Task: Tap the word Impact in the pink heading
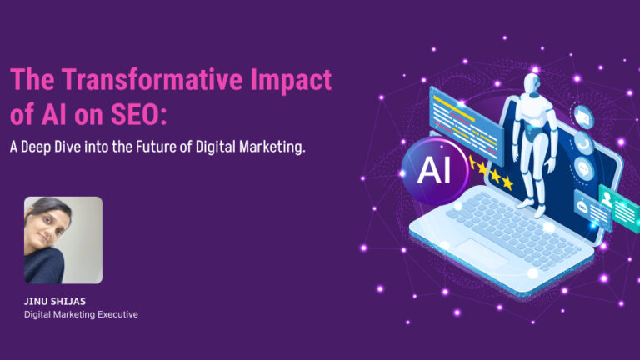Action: click(291, 81)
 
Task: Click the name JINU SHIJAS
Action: click(55, 301)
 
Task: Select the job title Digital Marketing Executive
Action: click(81, 314)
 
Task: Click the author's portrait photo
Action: click(63, 240)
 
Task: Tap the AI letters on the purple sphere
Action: click(434, 169)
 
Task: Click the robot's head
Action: click(532, 83)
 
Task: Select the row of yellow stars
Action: click(491, 172)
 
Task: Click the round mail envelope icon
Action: click(582, 117)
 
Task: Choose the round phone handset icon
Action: click(582, 143)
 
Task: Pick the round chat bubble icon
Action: click(583, 168)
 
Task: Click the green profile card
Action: click(620, 208)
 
